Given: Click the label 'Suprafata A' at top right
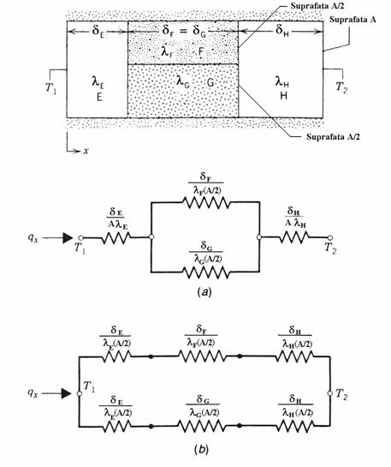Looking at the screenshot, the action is [x=352, y=20].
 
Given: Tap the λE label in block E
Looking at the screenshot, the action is [x=98, y=82].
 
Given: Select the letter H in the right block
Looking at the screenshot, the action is [x=284, y=96].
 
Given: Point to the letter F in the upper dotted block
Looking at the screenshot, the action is [x=201, y=51].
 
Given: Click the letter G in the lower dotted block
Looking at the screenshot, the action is [x=210, y=82].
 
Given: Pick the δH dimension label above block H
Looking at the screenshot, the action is [x=281, y=30].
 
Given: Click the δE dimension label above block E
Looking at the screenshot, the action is [x=98, y=30].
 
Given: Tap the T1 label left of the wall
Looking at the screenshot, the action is [x=50, y=88].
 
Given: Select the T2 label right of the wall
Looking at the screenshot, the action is [x=341, y=87].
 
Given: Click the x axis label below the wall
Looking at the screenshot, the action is [x=86, y=151].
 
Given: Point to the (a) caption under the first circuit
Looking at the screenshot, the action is [x=204, y=292].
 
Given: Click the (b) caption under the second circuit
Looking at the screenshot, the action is [x=201, y=449].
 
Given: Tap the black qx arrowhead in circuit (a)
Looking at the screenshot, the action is [x=68, y=238].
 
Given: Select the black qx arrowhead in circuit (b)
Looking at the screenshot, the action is [x=66, y=393].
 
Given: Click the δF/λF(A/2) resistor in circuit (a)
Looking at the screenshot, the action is [x=205, y=202].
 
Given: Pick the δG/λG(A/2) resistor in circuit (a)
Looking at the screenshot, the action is [x=205, y=272].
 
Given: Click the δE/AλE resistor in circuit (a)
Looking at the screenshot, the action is [x=116, y=238].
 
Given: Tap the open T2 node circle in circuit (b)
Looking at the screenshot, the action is [x=329, y=393].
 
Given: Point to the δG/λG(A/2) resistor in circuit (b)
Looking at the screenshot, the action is [x=202, y=426].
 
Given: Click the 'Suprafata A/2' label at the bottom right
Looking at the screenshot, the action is [x=333, y=137].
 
